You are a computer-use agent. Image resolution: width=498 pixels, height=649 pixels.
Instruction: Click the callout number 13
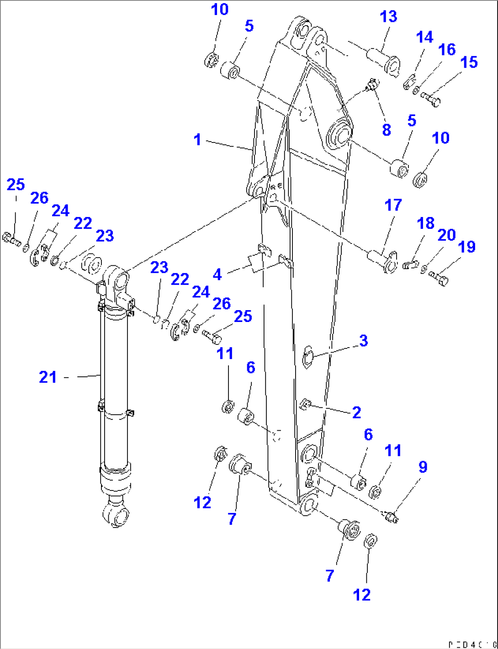coord(389,17)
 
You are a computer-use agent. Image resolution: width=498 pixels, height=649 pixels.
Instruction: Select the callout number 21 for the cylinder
coord(48,377)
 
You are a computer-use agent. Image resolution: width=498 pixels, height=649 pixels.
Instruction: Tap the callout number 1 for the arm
coord(197,140)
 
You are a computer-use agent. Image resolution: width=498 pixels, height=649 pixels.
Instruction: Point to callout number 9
coord(423,467)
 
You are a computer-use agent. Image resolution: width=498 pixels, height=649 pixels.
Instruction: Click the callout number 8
coord(387,130)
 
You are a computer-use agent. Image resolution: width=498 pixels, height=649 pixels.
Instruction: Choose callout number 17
coord(393,206)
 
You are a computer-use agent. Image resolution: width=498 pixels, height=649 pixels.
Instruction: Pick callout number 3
coord(363,341)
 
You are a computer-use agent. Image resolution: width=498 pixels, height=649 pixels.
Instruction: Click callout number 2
coord(357,412)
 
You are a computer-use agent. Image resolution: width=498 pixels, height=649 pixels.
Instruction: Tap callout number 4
coord(217,274)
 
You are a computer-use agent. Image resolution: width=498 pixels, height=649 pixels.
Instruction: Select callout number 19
coord(466,247)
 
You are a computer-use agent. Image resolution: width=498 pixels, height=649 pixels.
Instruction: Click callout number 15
coord(469,63)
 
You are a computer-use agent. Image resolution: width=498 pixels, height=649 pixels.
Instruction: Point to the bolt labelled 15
coord(430,99)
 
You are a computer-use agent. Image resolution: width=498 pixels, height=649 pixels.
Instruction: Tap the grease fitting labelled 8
coord(372,84)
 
